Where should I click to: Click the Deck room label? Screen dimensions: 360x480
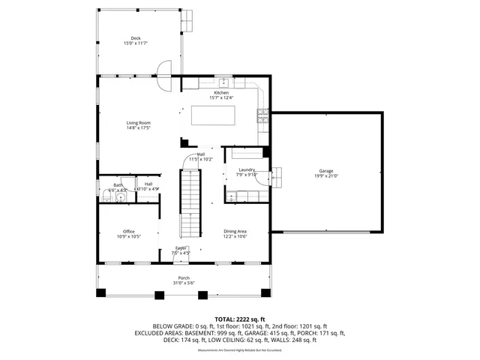tap(136, 37)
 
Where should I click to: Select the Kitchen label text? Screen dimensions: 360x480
tap(221, 93)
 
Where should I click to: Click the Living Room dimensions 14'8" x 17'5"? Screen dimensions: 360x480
tap(139, 128)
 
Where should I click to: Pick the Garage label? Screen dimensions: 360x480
tap(325, 171)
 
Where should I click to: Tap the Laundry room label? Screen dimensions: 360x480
tap(247, 170)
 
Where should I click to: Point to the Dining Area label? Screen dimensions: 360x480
tap(235, 231)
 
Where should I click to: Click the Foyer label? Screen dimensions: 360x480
tap(181, 247)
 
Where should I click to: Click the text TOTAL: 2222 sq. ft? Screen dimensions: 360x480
tap(239, 319)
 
